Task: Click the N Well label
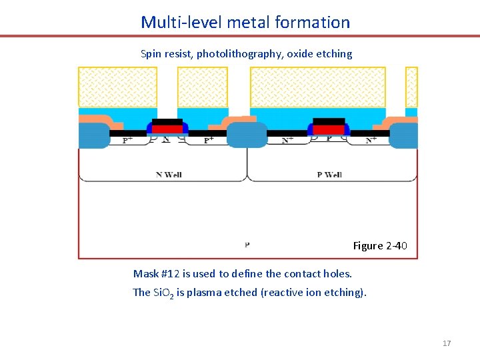[x=169, y=175]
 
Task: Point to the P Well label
[x=329, y=175]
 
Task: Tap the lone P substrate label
[x=247, y=245]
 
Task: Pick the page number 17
[x=447, y=343]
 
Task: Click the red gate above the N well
[x=167, y=129]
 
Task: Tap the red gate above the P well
[x=329, y=129]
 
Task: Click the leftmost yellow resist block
[x=118, y=87]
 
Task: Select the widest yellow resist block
[x=317, y=87]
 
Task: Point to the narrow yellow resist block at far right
[x=411, y=87]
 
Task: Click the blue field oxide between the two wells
[x=247, y=135]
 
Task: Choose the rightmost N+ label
[x=371, y=140]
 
